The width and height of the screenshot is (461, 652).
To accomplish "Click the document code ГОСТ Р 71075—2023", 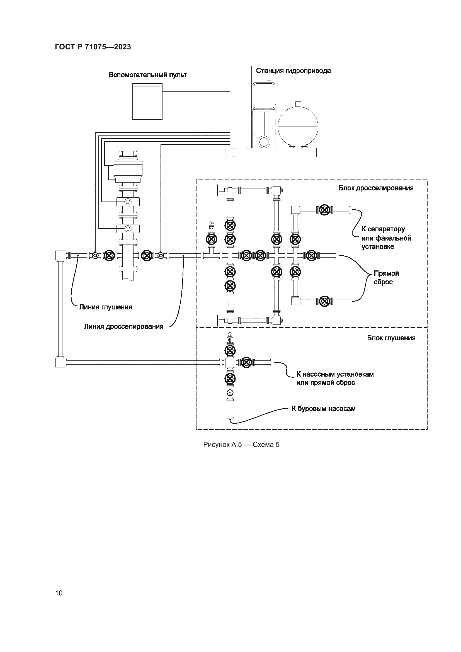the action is coord(93,47).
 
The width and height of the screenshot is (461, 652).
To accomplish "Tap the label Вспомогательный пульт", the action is coord(148,75).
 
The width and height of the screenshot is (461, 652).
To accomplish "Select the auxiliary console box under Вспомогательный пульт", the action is coord(147,102).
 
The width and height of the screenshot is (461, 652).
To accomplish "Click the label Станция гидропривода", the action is coord(293,71).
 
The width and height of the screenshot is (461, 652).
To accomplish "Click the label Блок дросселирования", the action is coord(376,188).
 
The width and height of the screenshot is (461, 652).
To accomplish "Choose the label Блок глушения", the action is coord(391,338).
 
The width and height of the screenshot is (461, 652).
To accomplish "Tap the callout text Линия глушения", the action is coord(106,307).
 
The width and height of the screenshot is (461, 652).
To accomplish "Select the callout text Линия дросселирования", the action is coord(123,327).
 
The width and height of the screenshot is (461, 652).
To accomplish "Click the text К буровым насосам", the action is coord(324,409).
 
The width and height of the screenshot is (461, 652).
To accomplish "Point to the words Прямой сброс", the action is coord(386,277).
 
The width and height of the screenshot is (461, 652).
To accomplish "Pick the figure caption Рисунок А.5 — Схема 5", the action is coord(241,445).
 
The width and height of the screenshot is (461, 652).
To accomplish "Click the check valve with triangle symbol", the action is coord(230,393).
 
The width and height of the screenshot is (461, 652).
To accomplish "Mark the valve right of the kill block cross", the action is coord(247,362).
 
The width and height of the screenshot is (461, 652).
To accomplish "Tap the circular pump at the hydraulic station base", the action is coord(264,141).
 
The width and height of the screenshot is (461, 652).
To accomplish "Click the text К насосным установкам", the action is coord(335,374).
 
